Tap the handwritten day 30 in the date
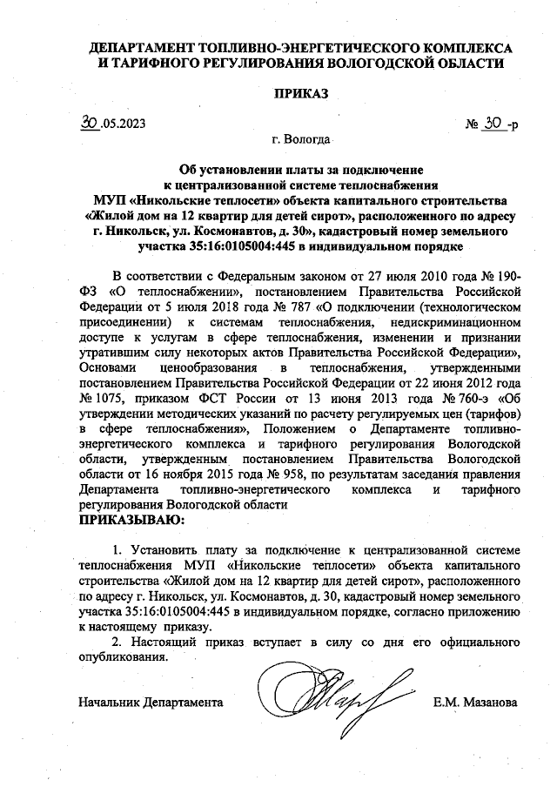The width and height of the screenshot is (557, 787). (86, 124)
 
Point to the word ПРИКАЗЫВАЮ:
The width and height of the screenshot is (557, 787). (131, 521)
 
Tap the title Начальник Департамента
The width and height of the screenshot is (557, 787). (151, 702)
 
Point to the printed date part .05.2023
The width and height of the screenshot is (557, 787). (124, 125)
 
